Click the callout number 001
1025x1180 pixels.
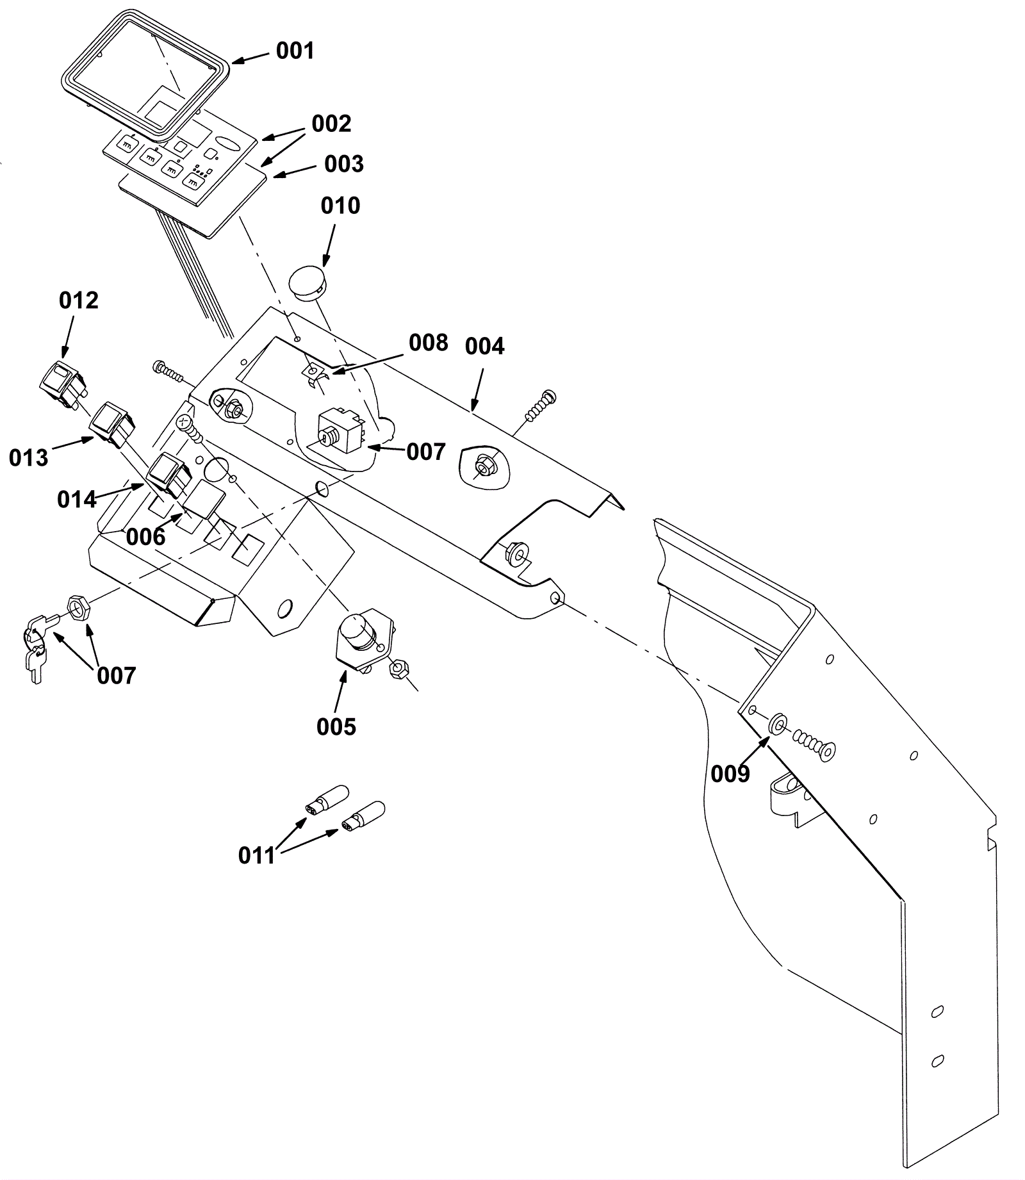[x=295, y=50]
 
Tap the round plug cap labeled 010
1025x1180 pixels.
[x=307, y=282]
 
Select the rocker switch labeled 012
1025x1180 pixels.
[x=62, y=385]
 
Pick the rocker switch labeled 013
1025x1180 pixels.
[x=113, y=424]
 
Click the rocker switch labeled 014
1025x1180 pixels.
[x=169, y=475]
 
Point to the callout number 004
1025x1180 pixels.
[x=484, y=347]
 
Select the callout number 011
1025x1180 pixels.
[x=256, y=855]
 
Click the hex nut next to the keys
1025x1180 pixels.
[x=78, y=605]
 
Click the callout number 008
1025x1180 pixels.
[x=428, y=343]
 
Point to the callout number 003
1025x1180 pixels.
[x=343, y=164]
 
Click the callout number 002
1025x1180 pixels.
[x=331, y=123]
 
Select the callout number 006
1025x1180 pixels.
[x=145, y=537]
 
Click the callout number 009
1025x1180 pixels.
[x=730, y=774]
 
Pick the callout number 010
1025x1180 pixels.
[x=340, y=206]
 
